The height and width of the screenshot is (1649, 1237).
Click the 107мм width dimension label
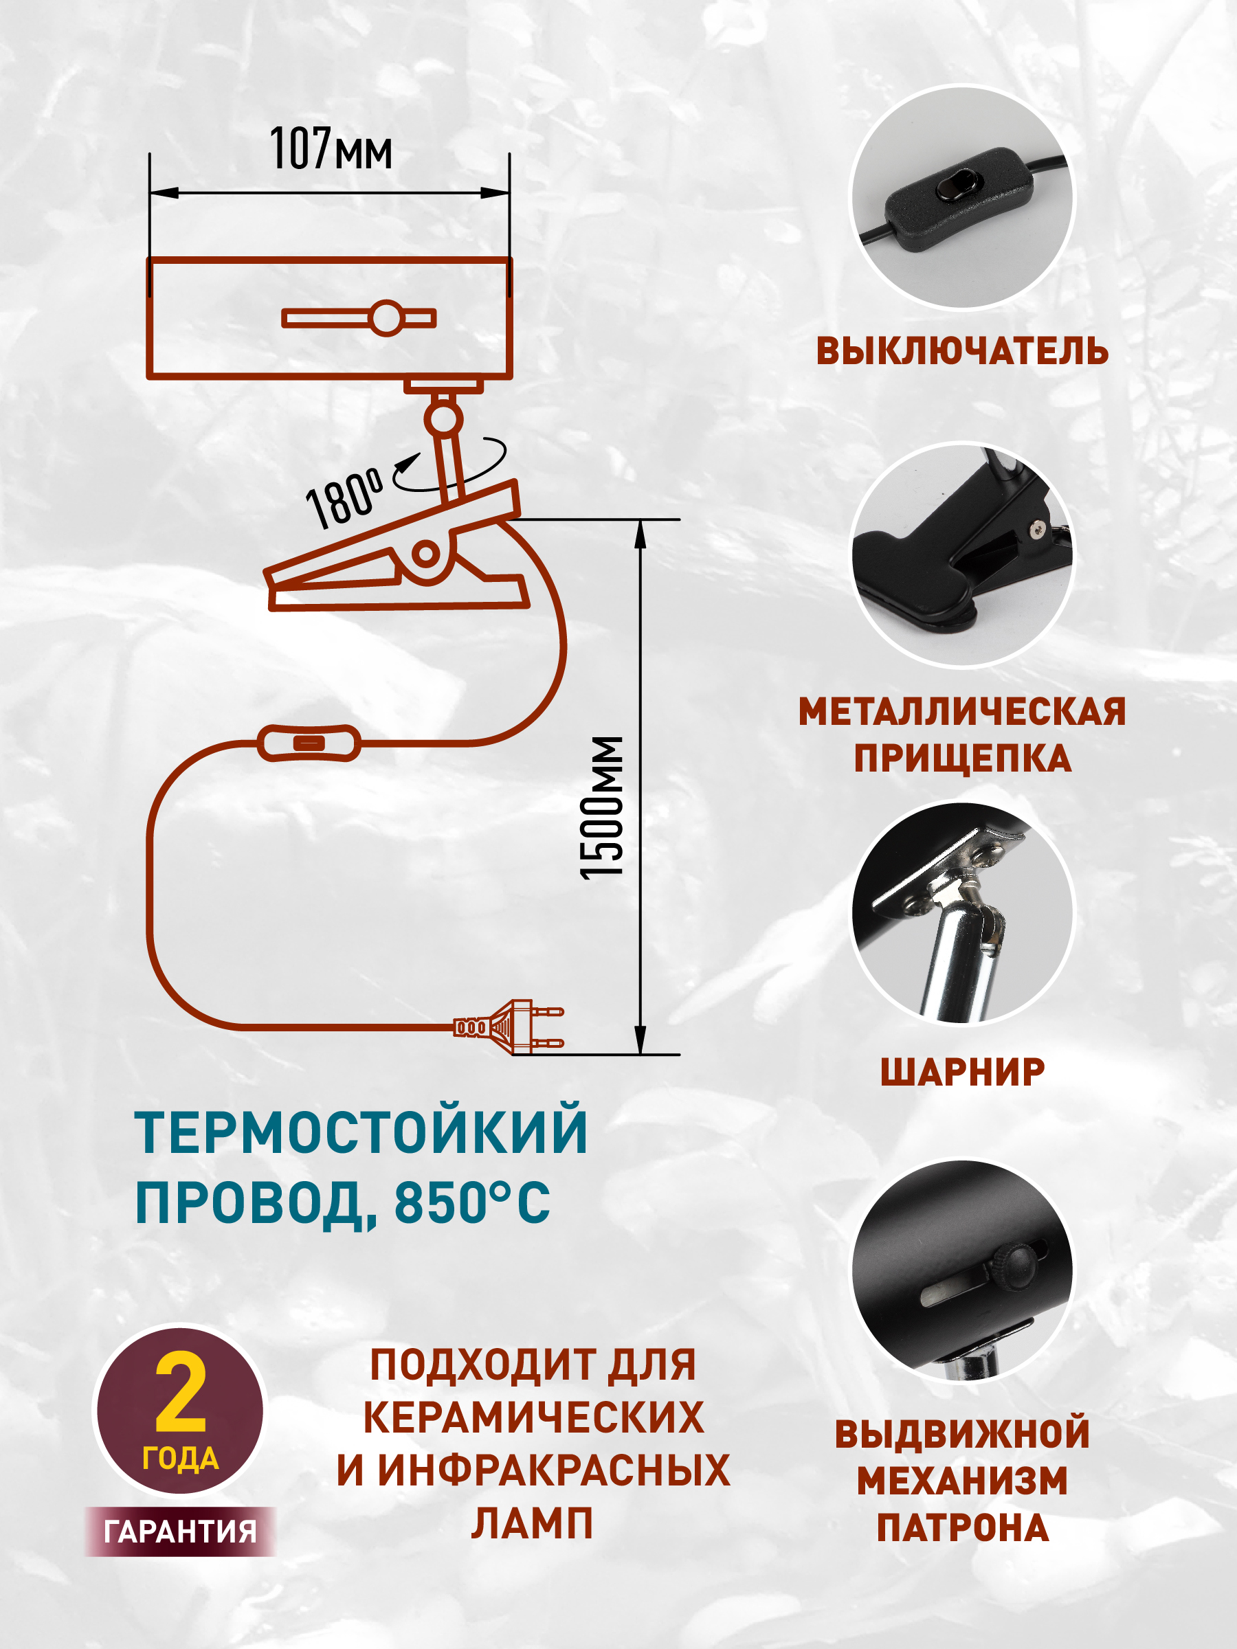point(331,148)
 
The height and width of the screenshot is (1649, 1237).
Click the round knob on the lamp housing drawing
point(386,318)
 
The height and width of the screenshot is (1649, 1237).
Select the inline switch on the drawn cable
point(309,743)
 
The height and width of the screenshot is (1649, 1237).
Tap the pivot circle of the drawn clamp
point(426,554)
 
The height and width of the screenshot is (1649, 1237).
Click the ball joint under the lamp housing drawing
point(444,418)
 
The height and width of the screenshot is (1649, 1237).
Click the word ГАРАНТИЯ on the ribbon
point(181,1532)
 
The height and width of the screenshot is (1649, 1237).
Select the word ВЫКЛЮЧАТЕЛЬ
point(962,350)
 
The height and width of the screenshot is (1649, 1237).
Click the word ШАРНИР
point(962,1072)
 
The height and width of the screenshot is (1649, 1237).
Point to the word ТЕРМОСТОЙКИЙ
point(361,1132)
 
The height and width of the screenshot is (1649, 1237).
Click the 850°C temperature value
point(472,1202)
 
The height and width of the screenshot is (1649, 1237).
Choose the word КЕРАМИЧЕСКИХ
point(533,1417)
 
